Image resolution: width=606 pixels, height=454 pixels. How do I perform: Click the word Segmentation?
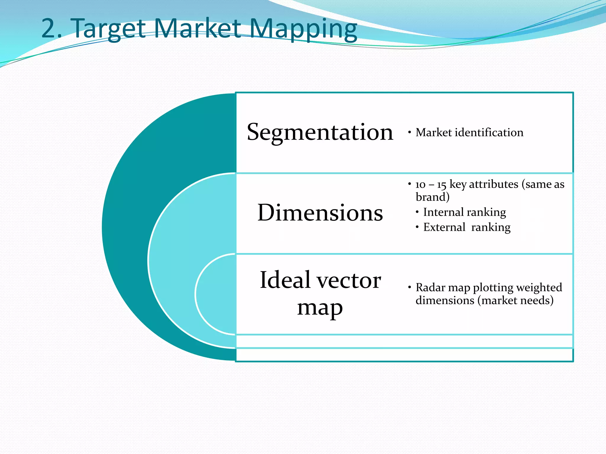[x=320, y=132]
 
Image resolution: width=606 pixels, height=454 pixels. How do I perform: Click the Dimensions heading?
[x=320, y=213]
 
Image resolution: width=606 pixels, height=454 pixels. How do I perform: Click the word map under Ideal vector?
[x=320, y=308]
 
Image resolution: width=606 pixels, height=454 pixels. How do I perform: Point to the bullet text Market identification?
[x=469, y=132]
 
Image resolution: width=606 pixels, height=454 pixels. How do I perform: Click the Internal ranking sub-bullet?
[x=464, y=212]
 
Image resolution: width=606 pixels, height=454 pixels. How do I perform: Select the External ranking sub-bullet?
[x=467, y=227]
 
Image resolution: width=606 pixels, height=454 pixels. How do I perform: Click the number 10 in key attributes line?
[x=420, y=185]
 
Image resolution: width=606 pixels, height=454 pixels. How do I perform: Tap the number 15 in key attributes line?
[x=441, y=185]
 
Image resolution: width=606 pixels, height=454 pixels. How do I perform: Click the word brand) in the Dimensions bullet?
[x=432, y=197]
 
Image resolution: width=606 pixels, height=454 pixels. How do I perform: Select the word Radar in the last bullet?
[x=430, y=287]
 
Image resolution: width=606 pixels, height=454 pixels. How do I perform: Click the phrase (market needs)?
[x=515, y=300]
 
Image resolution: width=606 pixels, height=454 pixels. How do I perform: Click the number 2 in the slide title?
[x=49, y=28]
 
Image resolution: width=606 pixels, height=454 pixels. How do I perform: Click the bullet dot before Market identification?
[x=410, y=132]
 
